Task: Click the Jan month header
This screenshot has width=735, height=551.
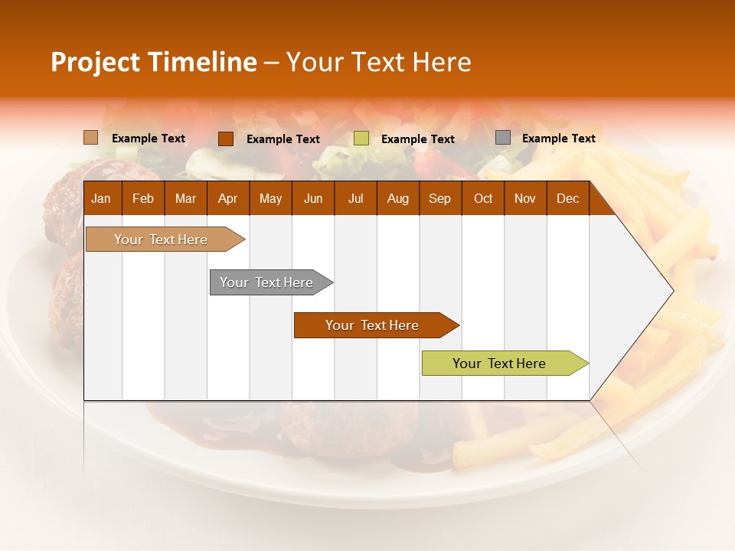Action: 101,199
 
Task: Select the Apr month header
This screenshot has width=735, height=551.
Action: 227,199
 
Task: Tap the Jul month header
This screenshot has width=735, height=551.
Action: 355,199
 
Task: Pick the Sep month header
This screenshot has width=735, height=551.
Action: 439,199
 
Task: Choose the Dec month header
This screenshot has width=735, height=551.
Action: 567,199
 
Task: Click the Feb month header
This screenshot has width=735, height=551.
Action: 143,199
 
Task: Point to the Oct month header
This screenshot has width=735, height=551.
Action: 483,199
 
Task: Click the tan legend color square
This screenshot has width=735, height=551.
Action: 90,138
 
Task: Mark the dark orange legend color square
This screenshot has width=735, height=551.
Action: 225,139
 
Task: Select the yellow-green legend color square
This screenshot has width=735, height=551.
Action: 361,139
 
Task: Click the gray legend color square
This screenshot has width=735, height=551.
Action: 503,138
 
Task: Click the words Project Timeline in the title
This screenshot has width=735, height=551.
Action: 153,62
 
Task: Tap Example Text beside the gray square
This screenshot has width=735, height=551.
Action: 558,139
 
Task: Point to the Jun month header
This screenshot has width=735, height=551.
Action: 313,199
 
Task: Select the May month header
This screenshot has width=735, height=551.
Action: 270,199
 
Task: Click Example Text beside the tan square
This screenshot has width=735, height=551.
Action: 149,139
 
